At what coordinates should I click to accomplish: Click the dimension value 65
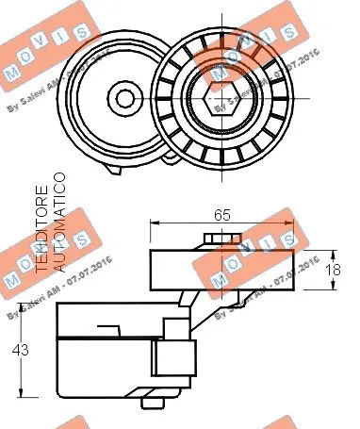[221, 215]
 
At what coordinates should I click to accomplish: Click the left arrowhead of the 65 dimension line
[155, 224]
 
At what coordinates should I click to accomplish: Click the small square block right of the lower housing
[174, 358]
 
